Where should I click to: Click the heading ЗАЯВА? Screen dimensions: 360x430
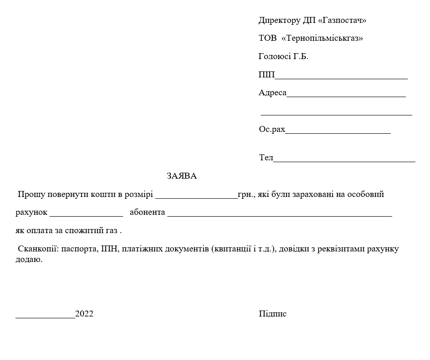pos(182,176)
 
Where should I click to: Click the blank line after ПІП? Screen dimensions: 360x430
pos(341,76)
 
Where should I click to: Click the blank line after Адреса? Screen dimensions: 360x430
pos(346,94)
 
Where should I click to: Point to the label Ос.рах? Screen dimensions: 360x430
pos(272,130)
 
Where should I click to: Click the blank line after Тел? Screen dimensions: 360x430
pos(344,159)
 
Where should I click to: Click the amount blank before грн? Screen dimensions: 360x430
pos(196,195)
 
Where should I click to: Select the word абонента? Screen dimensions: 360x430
pos(147,213)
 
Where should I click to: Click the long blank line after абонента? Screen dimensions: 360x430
pos(280,213)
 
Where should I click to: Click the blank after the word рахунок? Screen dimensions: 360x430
pos(86,213)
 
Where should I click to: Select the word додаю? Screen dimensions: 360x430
pos(29,259)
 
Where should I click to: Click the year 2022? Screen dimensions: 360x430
pos(84,314)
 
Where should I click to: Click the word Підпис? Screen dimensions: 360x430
pos(272,314)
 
